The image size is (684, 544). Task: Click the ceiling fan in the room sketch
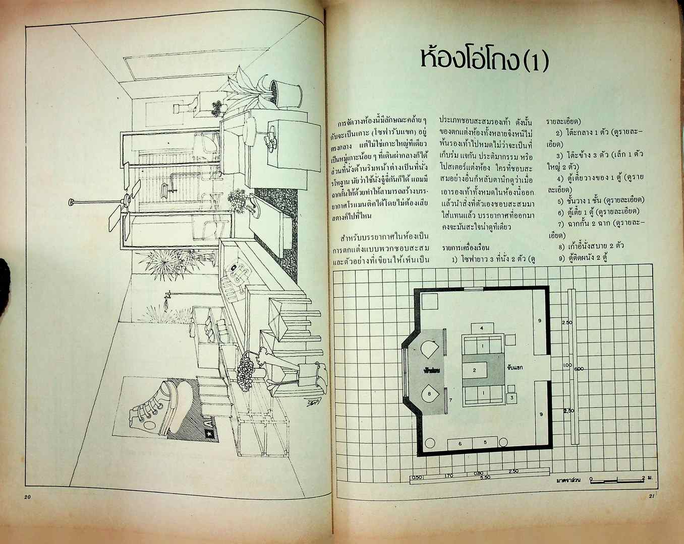(x=121, y=203)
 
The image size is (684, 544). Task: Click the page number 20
(x=27, y=497)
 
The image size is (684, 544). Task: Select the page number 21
(x=651, y=497)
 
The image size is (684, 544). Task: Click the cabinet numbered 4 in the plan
(x=482, y=328)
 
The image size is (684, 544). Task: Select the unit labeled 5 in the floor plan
(x=485, y=442)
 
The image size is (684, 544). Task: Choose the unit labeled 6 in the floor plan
(x=460, y=443)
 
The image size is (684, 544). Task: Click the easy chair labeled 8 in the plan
(x=429, y=393)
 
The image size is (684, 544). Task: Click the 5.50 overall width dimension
(x=485, y=477)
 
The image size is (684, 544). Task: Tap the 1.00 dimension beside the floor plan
(x=567, y=365)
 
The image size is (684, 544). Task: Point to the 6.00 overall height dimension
(x=579, y=369)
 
